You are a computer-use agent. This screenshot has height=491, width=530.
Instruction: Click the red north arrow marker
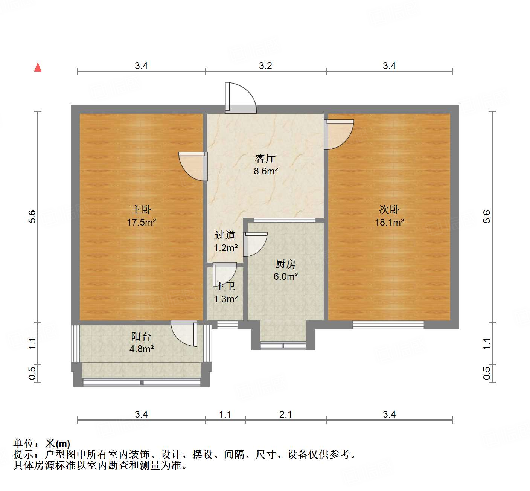(x=38, y=67)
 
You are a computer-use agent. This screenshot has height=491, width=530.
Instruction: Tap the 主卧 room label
(x=141, y=209)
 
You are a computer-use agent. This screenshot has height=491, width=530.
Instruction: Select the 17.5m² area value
(x=141, y=222)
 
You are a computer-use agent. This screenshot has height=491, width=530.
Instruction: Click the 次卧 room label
(x=389, y=209)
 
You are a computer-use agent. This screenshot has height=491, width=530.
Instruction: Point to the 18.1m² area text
(x=389, y=222)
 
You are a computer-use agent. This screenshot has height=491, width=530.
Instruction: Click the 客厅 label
(x=265, y=158)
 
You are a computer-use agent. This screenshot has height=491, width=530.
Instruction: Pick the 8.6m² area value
(x=265, y=171)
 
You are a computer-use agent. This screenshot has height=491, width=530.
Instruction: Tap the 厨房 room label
(x=285, y=264)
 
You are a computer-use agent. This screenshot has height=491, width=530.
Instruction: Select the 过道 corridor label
(x=225, y=235)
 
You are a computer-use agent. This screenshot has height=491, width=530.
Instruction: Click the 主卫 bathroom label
(x=225, y=287)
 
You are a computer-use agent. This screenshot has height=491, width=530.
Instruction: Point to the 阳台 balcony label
(x=141, y=336)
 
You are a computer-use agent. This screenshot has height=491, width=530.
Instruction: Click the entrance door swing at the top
(x=241, y=98)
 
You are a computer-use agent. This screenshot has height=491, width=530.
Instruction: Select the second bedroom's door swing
(x=339, y=134)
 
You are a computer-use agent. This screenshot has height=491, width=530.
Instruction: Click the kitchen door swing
(x=255, y=244)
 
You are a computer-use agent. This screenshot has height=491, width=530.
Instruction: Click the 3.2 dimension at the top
(x=265, y=66)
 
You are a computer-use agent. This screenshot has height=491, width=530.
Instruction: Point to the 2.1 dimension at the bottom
(x=285, y=415)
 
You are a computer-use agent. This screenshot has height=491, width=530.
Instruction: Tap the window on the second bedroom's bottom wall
(x=388, y=325)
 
